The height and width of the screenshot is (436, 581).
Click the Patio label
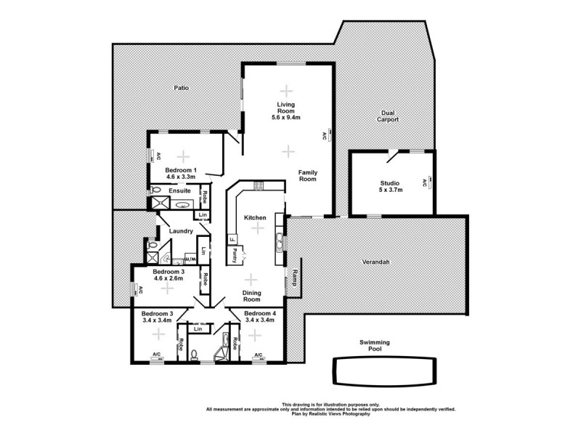(x=181, y=88)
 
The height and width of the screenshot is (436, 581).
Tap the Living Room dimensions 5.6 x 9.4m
(x=286, y=118)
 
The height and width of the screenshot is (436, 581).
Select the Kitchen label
(x=255, y=217)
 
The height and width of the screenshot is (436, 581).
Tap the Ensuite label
(x=179, y=190)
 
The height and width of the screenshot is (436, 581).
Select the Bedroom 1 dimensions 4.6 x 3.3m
(x=181, y=176)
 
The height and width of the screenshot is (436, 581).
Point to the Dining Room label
(x=251, y=296)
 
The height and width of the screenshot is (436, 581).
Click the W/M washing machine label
(x=191, y=258)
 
